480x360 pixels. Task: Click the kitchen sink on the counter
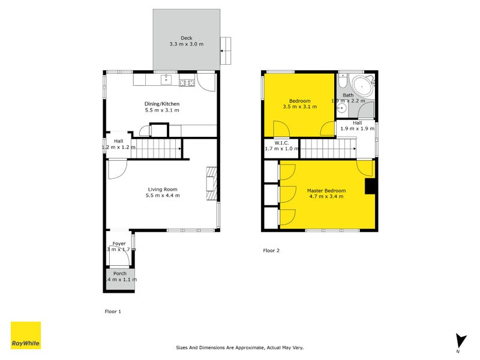(x=166, y=80)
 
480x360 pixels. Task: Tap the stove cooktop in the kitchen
(x=187, y=82)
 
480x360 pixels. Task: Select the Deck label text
(x=187, y=38)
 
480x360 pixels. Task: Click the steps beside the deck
(x=225, y=51)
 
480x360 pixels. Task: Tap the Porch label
(x=120, y=273)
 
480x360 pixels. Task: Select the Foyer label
(x=119, y=244)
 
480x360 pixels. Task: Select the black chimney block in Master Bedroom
(x=371, y=187)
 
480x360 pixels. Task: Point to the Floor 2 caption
(x=271, y=250)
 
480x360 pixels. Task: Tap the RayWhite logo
(x=26, y=335)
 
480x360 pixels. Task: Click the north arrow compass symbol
(x=461, y=341)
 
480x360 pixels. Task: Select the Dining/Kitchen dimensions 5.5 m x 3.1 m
(x=162, y=110)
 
